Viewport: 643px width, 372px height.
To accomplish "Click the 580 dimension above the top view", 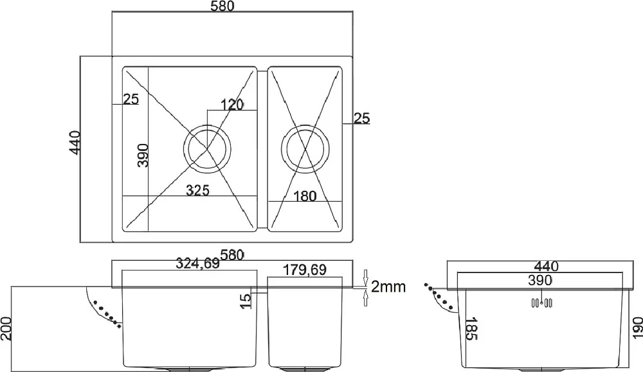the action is tap(222, 6).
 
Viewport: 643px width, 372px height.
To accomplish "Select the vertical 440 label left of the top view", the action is tap(75, 143).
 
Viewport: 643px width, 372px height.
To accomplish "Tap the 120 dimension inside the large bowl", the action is tap(232, 105).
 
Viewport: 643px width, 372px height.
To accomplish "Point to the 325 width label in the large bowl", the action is tap(197, 190).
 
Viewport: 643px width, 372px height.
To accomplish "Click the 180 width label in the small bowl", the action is tap(305, 196).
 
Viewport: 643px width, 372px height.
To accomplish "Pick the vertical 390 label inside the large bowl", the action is tap(143, 155).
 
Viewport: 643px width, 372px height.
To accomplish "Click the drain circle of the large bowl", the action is tap(207, 148).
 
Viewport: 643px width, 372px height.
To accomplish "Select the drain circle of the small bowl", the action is tap(305, 148).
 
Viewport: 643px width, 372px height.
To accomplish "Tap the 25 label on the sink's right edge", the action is tap(361, 118).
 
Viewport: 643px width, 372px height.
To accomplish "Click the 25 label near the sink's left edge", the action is tap(131, 99).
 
